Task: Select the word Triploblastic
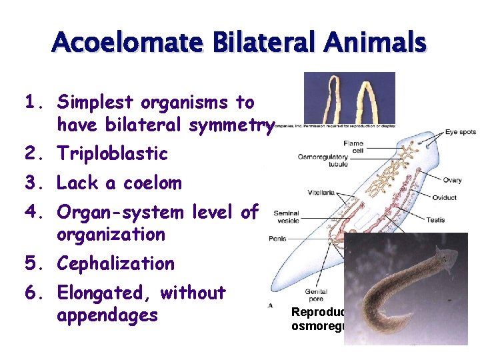112,153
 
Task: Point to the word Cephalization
116,263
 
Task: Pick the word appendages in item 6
107,314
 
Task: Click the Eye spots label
461,132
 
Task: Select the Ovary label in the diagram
452,180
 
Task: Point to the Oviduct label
445,197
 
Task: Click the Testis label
435,219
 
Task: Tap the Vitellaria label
321,193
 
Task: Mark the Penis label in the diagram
277,237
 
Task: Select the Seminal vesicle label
285,217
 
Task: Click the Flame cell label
353,147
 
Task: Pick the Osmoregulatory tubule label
323,161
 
